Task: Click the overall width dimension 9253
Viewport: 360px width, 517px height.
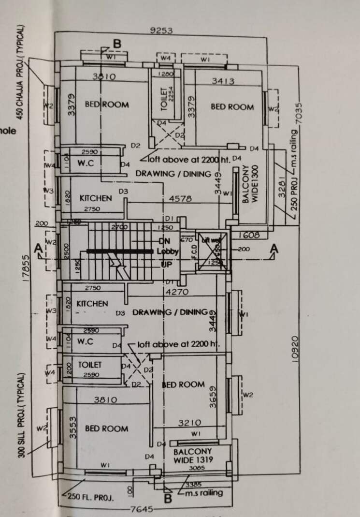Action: [161, 31]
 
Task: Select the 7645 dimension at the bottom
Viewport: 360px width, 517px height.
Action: [144, 509]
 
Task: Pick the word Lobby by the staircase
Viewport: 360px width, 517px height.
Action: [168, 251]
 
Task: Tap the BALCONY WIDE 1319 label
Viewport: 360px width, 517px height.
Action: [193, 455]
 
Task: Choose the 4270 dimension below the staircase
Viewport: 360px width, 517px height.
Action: [176, 292]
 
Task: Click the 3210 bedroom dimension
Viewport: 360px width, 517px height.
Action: [189, 423]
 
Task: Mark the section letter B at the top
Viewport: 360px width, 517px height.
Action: [117, 44]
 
